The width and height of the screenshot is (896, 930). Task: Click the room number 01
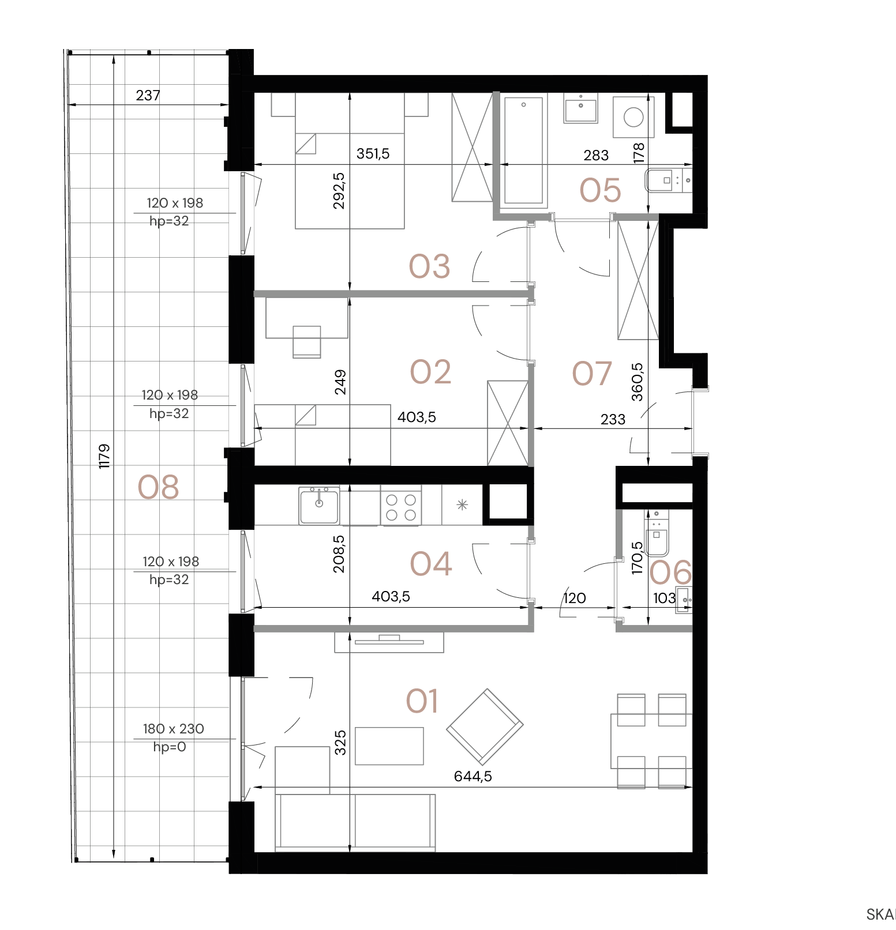coord(422,701)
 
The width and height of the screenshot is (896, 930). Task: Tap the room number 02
coord(430,372)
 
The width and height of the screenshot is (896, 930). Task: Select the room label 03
coord(429,266)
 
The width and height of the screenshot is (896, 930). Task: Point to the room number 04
coord(431,564)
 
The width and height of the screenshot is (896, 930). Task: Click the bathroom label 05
coord(600,190)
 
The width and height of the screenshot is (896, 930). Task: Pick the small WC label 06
coord(670,573)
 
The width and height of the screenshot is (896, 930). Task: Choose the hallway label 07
coord(591,374)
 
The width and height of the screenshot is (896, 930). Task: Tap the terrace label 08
coord(158,488)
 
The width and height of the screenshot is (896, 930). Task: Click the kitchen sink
coord(319,505)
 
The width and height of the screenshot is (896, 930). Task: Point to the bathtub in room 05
coord(523,151)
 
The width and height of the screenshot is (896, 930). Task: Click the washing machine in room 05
coord(633,118)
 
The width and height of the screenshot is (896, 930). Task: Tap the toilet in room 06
coord(656,533)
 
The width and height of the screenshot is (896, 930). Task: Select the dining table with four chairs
coord(651,741)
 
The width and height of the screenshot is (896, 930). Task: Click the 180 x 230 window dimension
coord(173,729)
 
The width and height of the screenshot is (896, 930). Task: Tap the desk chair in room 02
coord(307,341)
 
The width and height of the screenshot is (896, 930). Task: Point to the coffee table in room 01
coord(389,746)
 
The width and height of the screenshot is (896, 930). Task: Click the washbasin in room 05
coord(581,108)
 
